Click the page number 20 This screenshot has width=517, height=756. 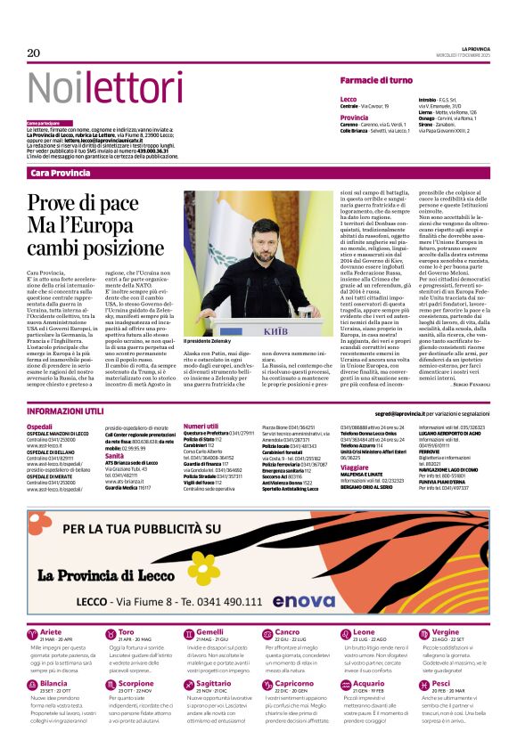click(x=34, y=53)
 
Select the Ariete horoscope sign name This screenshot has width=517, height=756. click(x=51, y=632)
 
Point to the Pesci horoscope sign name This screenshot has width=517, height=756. click(x=441, y=684)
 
